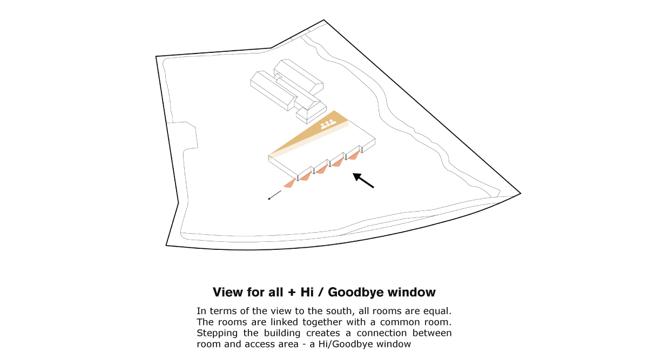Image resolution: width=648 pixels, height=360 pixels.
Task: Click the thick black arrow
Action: pos(363,180)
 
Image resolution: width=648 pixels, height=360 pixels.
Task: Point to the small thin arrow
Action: pos(274,195)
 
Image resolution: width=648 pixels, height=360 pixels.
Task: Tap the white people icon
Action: pos(328,124)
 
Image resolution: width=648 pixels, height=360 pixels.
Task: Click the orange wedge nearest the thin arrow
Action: pos(289,184)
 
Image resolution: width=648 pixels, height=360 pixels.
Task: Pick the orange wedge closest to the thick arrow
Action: pos(354,155)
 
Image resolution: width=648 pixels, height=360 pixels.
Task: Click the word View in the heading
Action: pos(228,292)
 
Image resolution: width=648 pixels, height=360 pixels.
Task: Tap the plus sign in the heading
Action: pos(292,293)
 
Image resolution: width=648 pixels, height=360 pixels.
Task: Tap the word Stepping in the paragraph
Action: pos(217,334)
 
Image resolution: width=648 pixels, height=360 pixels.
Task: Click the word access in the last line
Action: pos(259,344)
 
